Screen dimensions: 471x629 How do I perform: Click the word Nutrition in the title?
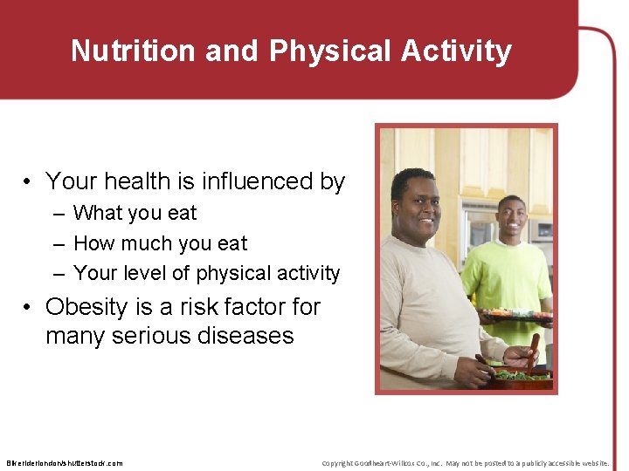click(134, 51)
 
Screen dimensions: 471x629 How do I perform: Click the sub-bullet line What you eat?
click(135, 213)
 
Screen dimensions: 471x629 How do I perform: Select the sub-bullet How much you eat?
click(160, 243)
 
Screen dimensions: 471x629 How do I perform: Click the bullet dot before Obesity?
click(29, 308)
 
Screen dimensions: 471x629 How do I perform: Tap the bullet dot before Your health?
click(29, 182)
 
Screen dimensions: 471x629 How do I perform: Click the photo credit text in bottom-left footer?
click(65, 463)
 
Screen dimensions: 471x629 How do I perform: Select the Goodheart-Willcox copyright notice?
click(465, 463)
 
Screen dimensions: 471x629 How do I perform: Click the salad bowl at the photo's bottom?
click(521, 377)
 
